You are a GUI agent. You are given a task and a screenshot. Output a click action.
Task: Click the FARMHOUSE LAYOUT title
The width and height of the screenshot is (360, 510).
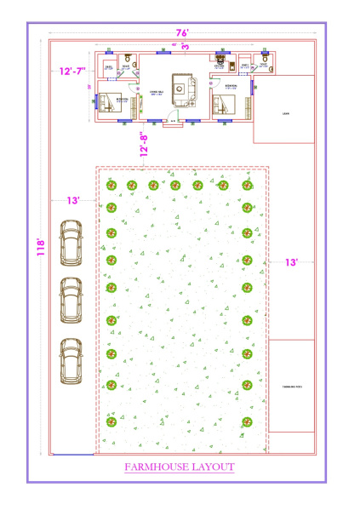click(180, 467)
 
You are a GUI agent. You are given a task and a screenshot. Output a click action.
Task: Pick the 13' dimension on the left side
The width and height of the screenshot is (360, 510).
click(74, 200)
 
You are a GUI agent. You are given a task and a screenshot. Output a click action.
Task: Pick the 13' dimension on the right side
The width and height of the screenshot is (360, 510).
click(291, 263)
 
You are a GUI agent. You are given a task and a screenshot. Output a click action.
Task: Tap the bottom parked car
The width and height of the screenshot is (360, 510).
click(70, 360)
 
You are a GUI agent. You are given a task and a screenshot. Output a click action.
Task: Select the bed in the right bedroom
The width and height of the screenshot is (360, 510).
click(226, 106)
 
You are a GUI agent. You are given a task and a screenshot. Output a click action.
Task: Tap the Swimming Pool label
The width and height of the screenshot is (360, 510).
click(292, 387)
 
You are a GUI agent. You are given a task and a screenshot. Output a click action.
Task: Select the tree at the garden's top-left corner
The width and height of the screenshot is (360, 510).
click(111, 185)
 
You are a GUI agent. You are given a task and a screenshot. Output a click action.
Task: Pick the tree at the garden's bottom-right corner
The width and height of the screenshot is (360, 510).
click(249, 421)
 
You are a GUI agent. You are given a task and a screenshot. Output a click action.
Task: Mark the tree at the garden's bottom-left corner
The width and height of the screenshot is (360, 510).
click(111, 421)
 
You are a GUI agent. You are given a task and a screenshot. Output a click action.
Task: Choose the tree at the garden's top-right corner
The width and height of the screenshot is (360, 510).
click(248, 185)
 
